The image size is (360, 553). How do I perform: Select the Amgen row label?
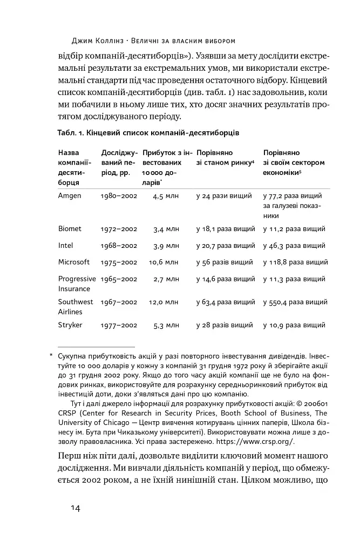tap(70, 195)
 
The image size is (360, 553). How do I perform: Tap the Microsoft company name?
tap(74, 262)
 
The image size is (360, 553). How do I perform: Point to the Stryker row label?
tap(70, 325)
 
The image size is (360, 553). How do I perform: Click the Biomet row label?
tap(70, 229)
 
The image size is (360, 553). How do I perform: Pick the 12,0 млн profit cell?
tap(166, 302)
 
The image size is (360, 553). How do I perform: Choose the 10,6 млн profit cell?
tap(166, 262)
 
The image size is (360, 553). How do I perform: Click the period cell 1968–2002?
tap(119, 246)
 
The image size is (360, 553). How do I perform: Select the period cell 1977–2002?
tap(119, 326)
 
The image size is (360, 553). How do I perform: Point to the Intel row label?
tap(65, 246)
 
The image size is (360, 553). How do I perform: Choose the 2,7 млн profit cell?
tap(166, 279)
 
